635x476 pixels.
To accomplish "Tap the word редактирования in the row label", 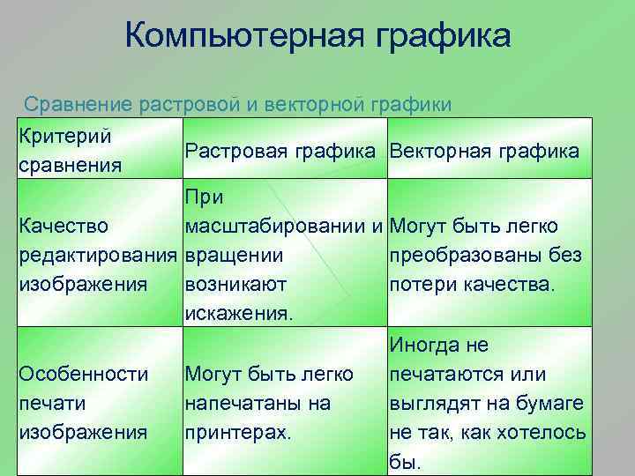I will pos(98,256).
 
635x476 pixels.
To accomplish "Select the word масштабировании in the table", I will pos(275,227).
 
